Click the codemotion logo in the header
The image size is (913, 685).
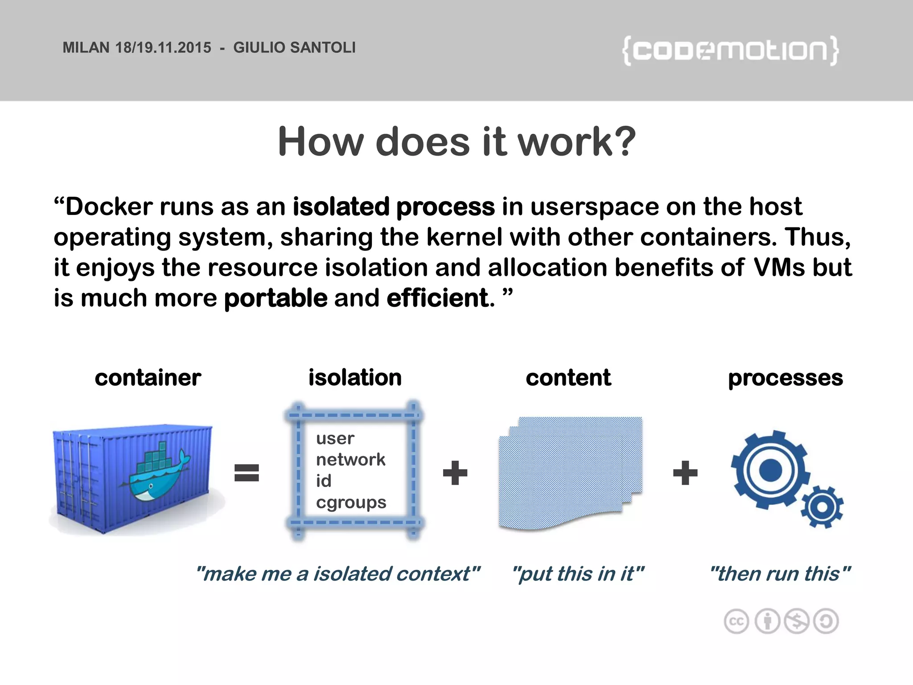[730, 50]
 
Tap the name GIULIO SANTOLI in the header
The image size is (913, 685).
[294, 48]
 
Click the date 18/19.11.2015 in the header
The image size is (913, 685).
[163, 48]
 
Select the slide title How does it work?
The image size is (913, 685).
[456, 142]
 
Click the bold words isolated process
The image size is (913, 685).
[393, 207]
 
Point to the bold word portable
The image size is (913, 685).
[276, 298]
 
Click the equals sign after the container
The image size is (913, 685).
[247, 473]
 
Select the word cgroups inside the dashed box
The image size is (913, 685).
[351, 503]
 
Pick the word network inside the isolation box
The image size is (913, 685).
[350, 459]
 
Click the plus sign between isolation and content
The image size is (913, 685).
[455, 473]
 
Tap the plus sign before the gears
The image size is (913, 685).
[685, 473]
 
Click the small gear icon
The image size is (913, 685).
[822, 508]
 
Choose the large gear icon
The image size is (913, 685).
[770, 470]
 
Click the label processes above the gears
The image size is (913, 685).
[785, 378]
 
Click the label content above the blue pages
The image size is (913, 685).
[568, 378]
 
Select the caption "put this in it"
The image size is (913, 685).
[578, 574]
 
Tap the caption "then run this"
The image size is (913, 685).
[780, 574]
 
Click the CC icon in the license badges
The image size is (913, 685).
[736, 621]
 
